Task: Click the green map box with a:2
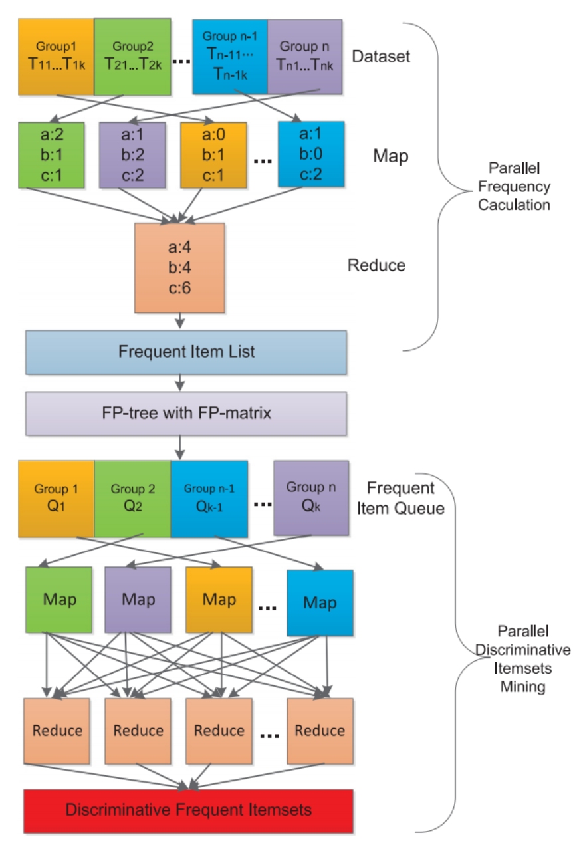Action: [x=52, y=155]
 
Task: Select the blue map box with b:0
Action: [x=311, y=155]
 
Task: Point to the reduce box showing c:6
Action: [x=179, y=268]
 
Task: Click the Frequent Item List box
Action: [x=186, y=351]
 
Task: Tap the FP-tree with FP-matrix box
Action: [x=186, y=413]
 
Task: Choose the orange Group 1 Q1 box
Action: [x=57, y=498]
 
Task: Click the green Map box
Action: [x=60, y=600]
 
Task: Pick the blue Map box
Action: [x=320, y=603]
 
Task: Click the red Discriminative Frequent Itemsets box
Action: [x=188, y=810]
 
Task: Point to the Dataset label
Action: [x=381, y=55]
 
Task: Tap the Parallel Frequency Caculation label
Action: [x=515, y=187]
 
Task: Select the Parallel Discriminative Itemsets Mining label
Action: [x=523, y=658]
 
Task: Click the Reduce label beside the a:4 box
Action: [x=376, y=265]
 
